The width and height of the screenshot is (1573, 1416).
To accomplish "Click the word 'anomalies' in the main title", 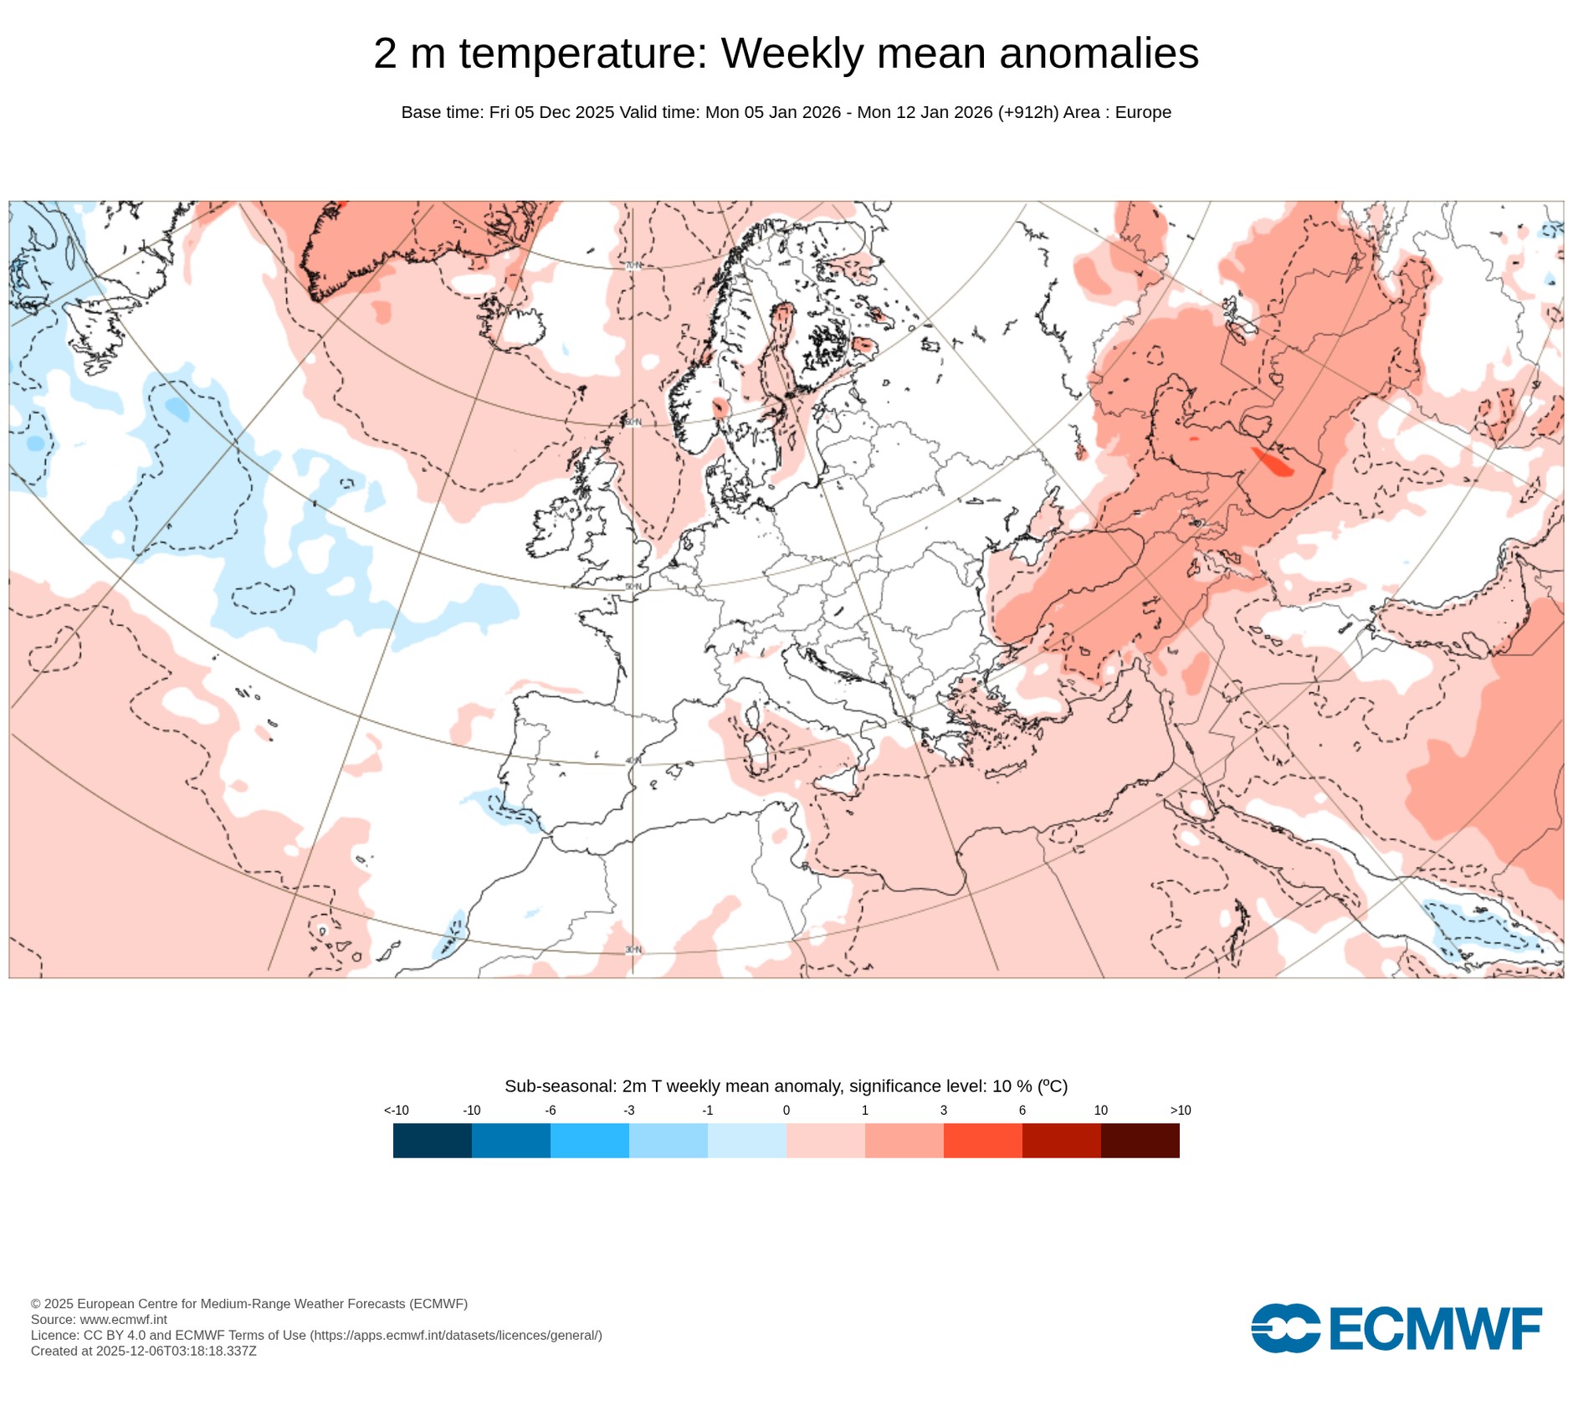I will point(1099,54).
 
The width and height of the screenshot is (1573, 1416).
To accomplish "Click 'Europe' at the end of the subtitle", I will point(1143,112).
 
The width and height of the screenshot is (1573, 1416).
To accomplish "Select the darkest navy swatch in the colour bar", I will point(432,1141).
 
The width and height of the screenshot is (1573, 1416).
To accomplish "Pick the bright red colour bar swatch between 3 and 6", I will point(982,1141).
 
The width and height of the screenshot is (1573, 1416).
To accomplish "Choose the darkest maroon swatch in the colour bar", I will point(1140,1141).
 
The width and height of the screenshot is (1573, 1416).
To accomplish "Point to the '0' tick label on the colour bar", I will point(786,1111).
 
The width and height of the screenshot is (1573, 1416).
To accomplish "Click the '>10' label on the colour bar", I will point(1180,1111).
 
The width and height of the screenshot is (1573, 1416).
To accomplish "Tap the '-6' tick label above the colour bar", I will point(550,1111).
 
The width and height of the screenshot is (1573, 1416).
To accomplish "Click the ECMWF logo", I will point(1396,1328).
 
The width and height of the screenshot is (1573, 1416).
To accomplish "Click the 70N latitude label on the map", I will point(633,265).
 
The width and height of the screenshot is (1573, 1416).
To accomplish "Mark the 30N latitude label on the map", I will point(633,950).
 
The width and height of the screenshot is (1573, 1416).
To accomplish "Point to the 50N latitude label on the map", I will point(633,587).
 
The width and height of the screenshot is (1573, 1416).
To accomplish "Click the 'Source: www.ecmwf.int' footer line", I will point(99,1320).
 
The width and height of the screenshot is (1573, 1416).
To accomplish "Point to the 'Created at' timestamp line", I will point(143,1352).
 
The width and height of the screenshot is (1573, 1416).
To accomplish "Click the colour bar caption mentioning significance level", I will point(786,1086).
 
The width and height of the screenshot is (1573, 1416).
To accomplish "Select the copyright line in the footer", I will point(249,1304).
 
